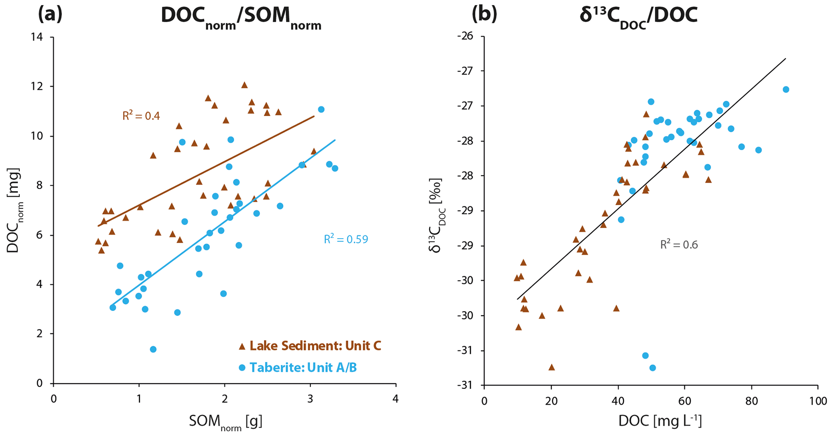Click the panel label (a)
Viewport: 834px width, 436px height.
[x=50, y=15]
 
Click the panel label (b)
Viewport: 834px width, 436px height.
[x=485, y=15]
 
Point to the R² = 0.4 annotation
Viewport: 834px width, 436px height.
[x=141, y=116]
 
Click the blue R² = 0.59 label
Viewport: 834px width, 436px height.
[x=346, y=239]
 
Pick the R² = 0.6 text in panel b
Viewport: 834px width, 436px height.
[x=679, y=245]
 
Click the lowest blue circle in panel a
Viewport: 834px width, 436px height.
[x=153, y=349]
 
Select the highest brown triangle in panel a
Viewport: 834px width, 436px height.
[x=244, y=85]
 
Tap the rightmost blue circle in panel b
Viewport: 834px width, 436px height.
[x=786, y=90]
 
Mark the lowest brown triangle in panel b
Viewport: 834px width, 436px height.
[x=552, y=367]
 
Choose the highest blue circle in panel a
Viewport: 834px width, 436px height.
[x=321, y=109]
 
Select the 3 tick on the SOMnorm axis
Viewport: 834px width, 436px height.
[x=310, y=399]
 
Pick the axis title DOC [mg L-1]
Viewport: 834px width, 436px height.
[x=660, y=421]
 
